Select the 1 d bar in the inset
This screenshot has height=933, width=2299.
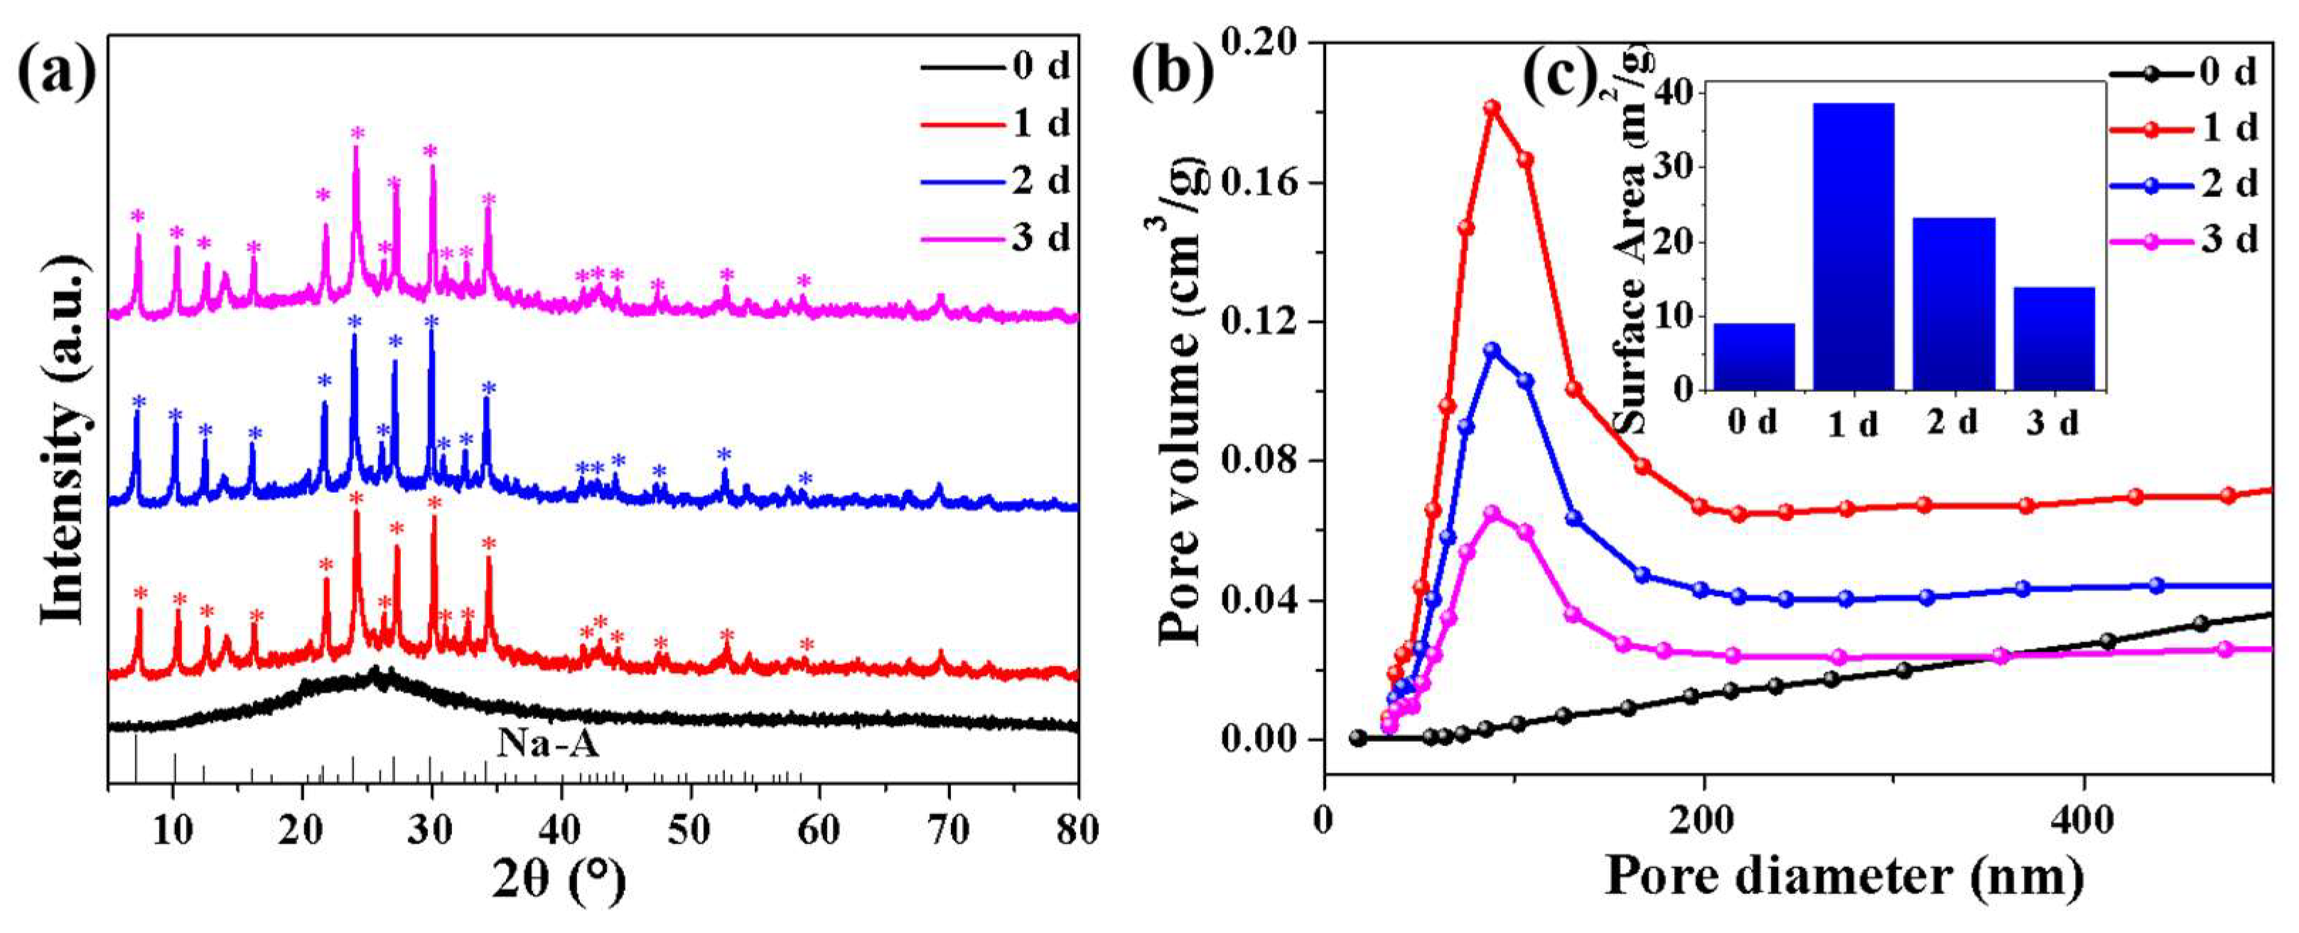point(1853,259)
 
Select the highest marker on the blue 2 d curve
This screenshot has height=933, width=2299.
point(1491,350)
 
